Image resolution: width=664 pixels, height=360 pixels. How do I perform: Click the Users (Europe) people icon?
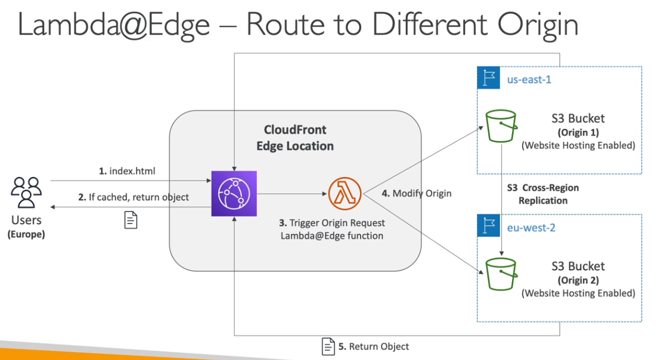[26, 190]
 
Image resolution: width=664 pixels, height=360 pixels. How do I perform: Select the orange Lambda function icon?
[340, 193]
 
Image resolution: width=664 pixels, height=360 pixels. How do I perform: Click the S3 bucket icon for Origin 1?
[501, 126]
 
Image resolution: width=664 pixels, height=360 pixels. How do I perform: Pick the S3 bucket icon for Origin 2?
[501, 274]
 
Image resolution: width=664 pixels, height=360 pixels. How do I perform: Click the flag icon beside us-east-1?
[488, 78]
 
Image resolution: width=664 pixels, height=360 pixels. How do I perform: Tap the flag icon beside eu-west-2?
[488, 226]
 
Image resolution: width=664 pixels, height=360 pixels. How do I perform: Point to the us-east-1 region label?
[529, 79]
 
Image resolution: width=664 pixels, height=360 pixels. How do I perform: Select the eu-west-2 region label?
[530, 227]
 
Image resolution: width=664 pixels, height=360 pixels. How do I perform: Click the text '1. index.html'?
[127, 172]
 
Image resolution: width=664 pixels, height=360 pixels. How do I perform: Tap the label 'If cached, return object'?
[138, 197]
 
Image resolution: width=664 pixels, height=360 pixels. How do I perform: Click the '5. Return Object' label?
[373, 346]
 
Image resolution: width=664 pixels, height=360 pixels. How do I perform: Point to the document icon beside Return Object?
[328, 346]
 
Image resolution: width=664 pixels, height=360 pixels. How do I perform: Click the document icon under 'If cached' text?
[131, 220]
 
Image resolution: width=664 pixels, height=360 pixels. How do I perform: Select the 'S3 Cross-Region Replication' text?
[542, 194]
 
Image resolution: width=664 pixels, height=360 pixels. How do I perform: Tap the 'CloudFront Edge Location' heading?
[295, 138]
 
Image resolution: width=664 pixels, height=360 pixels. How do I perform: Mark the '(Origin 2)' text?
[578, 280]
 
